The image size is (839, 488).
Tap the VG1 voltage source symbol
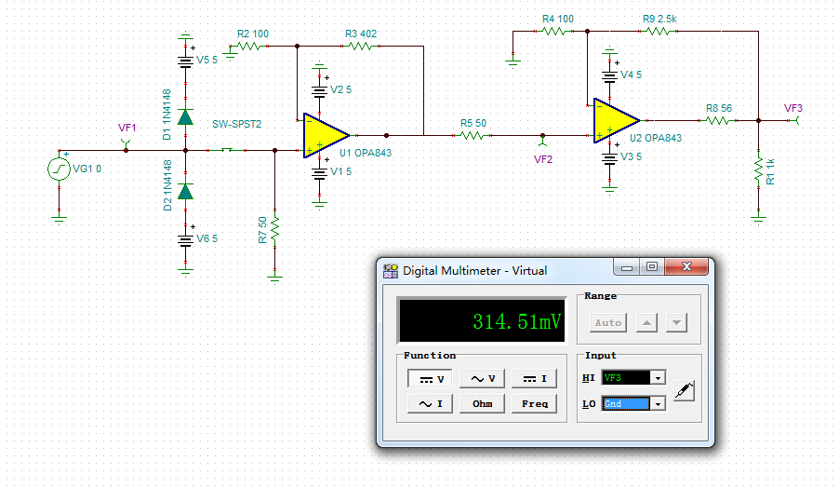tap(59, 169)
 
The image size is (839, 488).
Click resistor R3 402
tap(360, 45)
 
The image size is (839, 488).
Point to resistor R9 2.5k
tap(658, 31)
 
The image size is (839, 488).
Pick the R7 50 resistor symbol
tap(275, 228)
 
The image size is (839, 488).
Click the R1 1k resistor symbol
tap(759, 169)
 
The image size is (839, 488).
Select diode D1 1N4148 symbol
tap(185, 117)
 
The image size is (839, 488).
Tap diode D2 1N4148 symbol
tap(185, 192)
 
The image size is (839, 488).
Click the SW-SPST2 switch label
tap(237, 124)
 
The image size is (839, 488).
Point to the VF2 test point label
tap(543, 159)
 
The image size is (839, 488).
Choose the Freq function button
tap(534, 403)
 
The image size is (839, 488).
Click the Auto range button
tap(608, 322)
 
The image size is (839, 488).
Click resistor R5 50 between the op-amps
tap(472, 135)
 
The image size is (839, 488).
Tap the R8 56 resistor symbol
tap(717, 120)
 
